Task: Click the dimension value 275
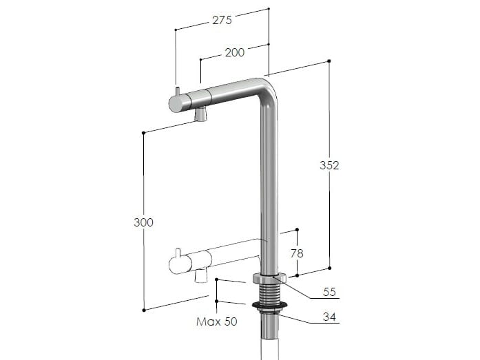[222, 21]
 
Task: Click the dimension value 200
[233, 53]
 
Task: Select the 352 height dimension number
[329, 165]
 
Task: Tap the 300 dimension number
[143, 222]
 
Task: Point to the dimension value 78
[297, 253]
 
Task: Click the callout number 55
[329, 292]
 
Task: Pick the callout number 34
[329, 317]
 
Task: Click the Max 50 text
[216, 321]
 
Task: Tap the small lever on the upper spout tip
[178, 92]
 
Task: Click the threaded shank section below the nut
[269, 293]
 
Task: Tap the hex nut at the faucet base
[269, 279]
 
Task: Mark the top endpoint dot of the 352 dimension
[329, 61]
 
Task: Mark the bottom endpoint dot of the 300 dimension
[143, 310]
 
